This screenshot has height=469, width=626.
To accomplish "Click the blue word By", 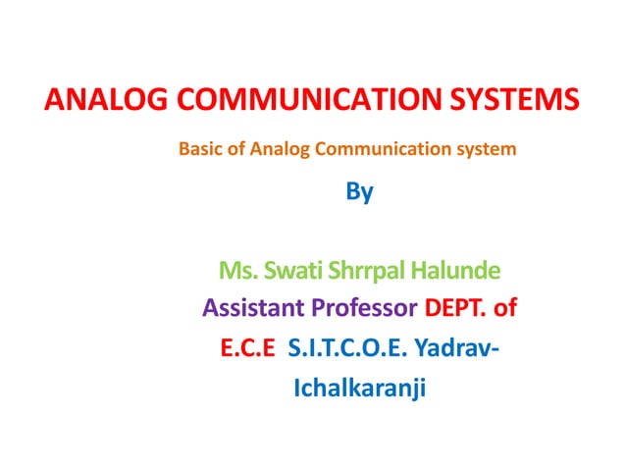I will pyautogui.click(x=360, y=192).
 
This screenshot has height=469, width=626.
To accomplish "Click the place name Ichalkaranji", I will pyautogui.click(x=361, y=390).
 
